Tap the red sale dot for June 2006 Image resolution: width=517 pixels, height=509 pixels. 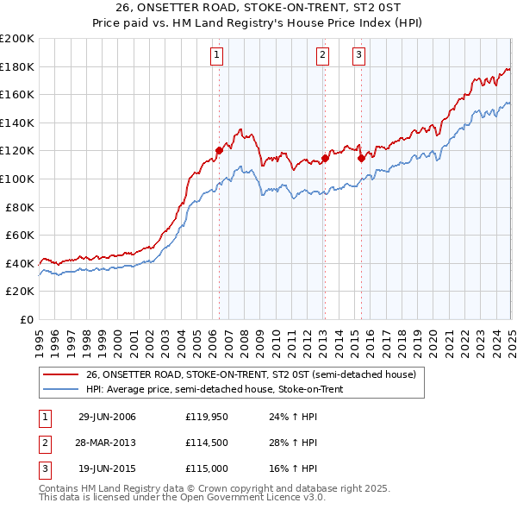coord(219,150)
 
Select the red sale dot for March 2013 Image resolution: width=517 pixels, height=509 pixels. coord(326,158)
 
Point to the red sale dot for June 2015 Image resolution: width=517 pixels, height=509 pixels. coord(361,157)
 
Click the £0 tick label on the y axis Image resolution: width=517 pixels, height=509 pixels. coord(26,319)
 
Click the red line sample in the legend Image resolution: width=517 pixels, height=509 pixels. coord(61,374)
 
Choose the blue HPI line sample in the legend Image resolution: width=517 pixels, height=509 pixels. coord(61,389)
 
